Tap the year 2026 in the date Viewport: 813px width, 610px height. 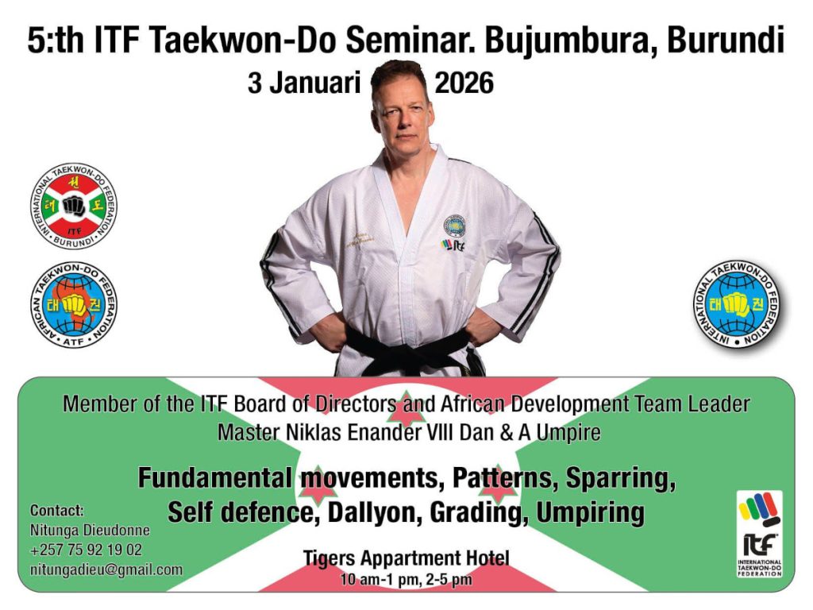[x=464, y=83]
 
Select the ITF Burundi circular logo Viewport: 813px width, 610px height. [x=74, y=206]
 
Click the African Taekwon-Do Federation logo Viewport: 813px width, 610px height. [x=74, y=304]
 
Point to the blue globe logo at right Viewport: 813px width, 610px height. [x=736, y=304]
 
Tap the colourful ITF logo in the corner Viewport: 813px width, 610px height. [x=760, y=534]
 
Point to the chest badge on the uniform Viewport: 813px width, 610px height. [x=454, y=226]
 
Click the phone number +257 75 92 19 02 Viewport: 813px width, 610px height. [x=86, y=550]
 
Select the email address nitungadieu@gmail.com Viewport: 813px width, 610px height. [x=106, y=569]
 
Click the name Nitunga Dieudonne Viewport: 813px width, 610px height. [x=90, y=530]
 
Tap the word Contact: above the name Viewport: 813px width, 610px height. [x=57, y=511]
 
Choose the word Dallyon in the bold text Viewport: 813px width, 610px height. [x=373, y=512]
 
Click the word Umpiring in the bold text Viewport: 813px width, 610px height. [x=590, y=512]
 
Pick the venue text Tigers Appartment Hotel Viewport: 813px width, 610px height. [x=406, y=558]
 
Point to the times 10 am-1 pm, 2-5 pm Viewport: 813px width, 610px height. [x=406, y=579]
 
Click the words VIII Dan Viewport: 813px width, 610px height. [x=460, y=432]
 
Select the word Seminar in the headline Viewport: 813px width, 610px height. [x=410, y=41]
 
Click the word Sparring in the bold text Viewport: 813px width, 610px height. [x=621, y=478]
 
